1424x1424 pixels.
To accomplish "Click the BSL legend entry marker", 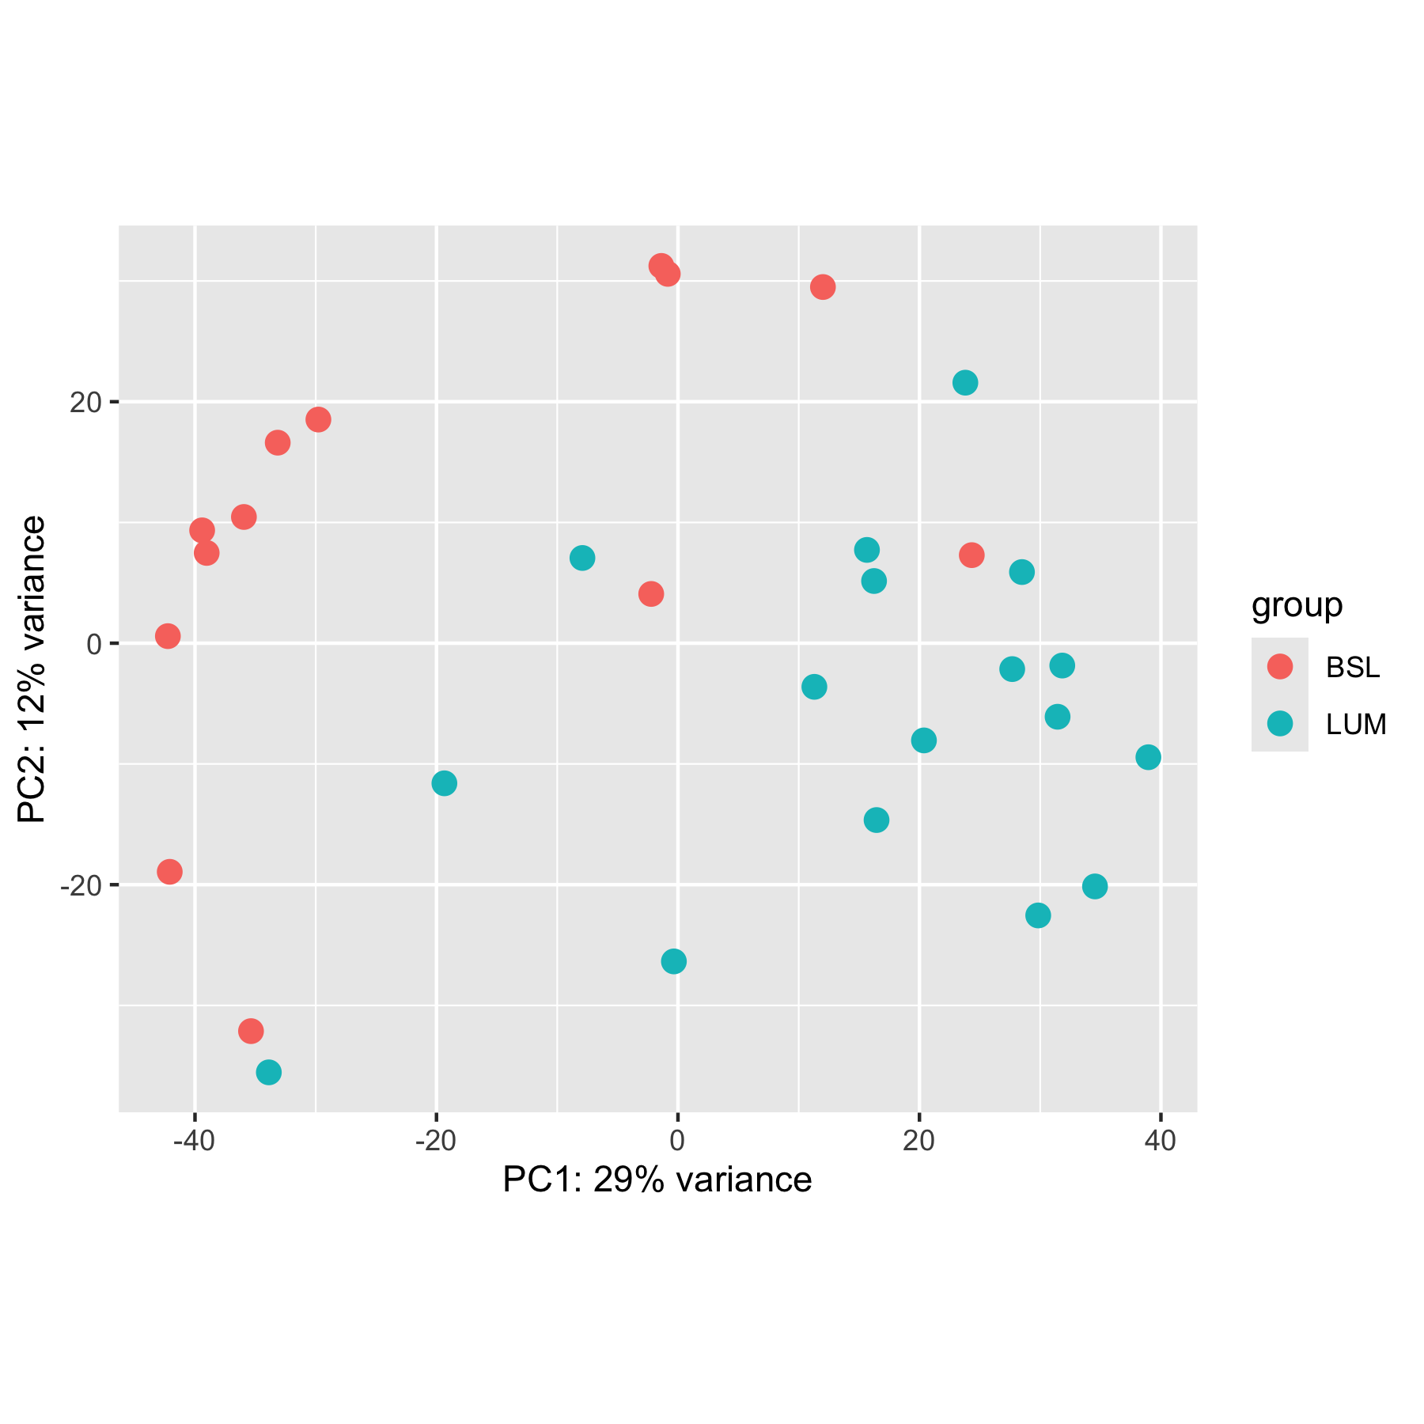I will point(1279,667).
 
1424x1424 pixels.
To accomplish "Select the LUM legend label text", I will point(1356,725).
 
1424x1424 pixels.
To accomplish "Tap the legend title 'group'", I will point(1297,605).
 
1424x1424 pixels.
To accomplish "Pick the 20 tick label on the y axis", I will point(85,403).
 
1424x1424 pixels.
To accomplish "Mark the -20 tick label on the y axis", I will point(82,885).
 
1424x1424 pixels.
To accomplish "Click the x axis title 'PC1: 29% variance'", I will point(657,1180).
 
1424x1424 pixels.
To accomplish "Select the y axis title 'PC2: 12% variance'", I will point(32,669).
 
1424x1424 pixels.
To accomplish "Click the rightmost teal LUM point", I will point(1148,757).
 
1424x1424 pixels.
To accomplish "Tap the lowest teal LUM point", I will point(269,1073).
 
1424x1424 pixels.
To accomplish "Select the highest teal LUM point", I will point(965,383).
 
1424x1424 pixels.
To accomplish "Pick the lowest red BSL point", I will point(251,1031).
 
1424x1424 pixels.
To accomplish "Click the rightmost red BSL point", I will point(971,555).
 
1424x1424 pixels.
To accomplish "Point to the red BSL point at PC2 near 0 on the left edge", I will point(168,636).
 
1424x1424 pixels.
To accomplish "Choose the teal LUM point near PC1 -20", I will point(445,783).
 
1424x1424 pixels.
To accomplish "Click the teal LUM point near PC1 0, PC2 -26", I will point(673,961).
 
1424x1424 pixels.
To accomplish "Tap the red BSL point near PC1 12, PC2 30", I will point(823,287).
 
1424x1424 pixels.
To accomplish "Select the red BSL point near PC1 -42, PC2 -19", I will point(169,872).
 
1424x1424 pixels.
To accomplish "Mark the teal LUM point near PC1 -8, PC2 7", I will point(582,558).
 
